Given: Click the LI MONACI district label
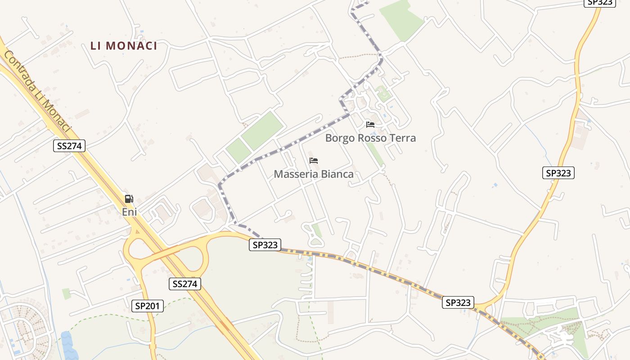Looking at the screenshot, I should pos(124,46).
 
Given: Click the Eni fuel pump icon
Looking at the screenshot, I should pos(129,198).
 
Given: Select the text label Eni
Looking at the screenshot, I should pos(129,211).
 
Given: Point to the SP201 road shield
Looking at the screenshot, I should pos(148,306).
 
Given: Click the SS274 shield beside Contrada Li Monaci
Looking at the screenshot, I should pos(69,145).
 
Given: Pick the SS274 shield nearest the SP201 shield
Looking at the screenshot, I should pos(185,283).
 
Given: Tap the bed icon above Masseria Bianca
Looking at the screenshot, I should pos(314,161).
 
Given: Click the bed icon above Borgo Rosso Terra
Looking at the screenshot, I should pos(370,124).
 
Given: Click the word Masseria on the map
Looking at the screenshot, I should pos(293,174).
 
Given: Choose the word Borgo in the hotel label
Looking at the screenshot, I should pos(340,138).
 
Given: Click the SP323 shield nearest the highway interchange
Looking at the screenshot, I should pos(265,245).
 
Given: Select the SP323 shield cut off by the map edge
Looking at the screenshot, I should pos(599,2).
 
